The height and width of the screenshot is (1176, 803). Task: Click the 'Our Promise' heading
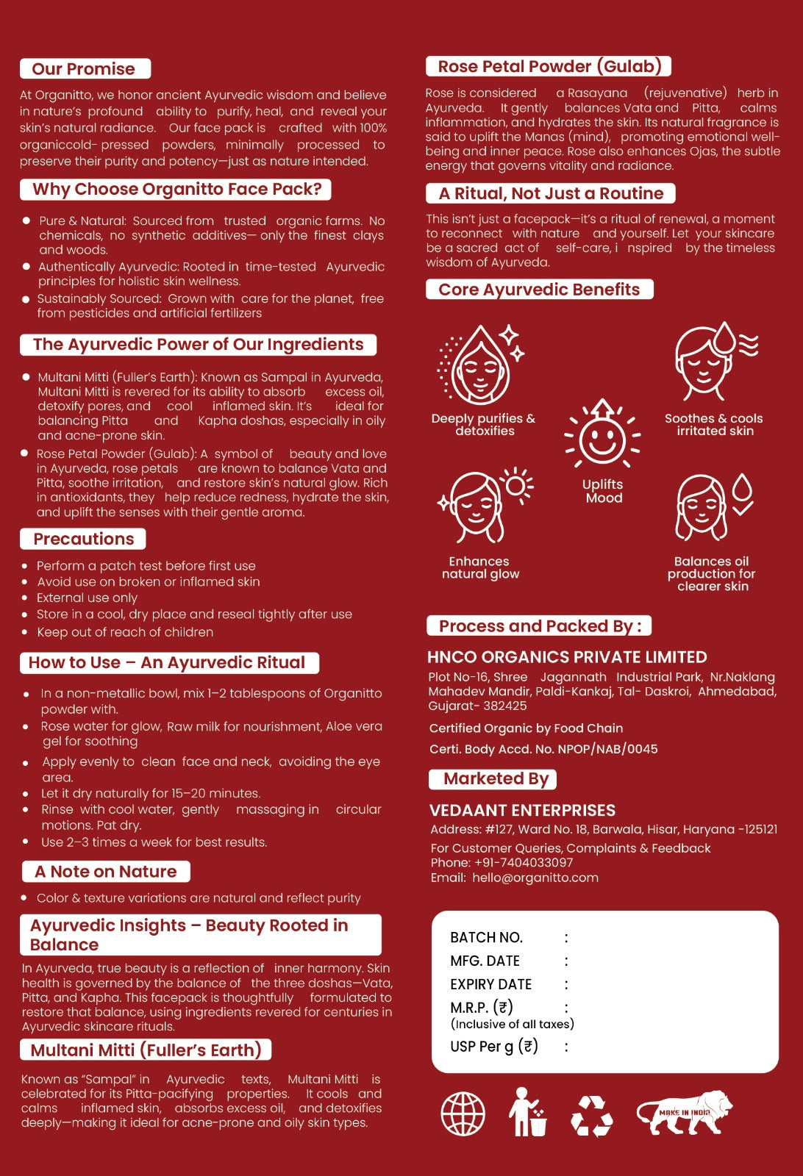[85, 69]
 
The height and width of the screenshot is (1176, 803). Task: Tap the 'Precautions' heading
[83, 539]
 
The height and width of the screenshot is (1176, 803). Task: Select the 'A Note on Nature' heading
[106, 872]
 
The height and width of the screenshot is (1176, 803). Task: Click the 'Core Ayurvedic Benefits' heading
[539, 290]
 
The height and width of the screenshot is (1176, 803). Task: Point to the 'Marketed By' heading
[496, 779]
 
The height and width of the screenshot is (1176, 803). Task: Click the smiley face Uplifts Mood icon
[602, 435]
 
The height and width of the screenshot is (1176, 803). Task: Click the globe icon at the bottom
[463, 1113]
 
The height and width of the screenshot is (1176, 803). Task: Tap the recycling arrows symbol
[592, 1115]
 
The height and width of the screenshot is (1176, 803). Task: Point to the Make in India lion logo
[685, 1111]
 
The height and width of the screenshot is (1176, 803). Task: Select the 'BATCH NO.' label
[486, 937]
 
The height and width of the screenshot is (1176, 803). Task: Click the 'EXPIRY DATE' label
[490, 984]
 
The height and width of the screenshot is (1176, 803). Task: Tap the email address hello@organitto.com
[535, 878]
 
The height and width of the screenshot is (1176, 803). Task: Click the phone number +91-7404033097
[524, 862]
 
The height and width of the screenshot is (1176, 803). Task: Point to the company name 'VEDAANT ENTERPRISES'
[522, 810]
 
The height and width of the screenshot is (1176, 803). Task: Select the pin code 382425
[504, 706]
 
